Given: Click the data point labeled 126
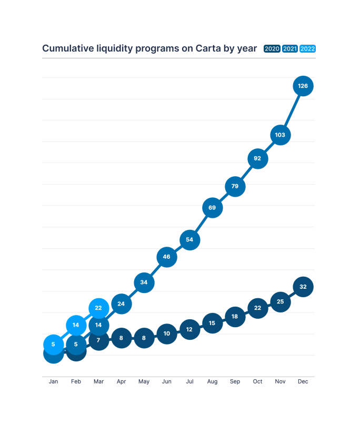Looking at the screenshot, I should [303, 86].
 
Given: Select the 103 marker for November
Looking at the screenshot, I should [280, 135].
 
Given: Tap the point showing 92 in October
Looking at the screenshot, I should [257, 158].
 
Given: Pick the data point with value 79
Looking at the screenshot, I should [235, 186].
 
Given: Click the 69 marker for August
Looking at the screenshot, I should [212, 208].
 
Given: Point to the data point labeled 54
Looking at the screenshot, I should [189, 240].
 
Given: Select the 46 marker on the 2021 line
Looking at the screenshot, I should [166, 257].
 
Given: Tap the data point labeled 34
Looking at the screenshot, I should [144, 282].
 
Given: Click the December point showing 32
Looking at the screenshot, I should [303, 287].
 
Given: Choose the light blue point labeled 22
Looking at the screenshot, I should [98, 308].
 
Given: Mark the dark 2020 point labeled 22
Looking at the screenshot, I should [257, 308].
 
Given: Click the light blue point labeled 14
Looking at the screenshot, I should [76, 325].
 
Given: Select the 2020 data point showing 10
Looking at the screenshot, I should [166, 333].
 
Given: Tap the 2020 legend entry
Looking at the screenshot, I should [272, 49].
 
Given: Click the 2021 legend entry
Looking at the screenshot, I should [289, 49].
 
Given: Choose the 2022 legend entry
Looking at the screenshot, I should [307, 49].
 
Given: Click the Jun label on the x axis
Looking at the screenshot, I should [166, 382].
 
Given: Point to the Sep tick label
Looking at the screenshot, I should [235, 382].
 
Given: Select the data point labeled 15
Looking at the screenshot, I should [212, 323].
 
